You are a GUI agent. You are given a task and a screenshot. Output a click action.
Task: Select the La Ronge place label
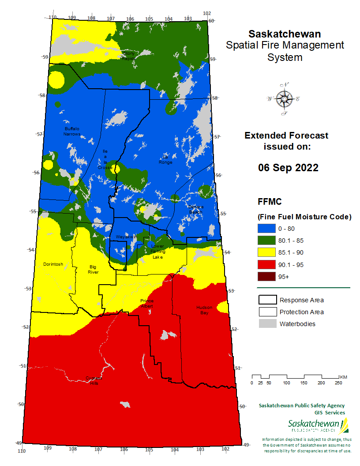click(x=165, y=160)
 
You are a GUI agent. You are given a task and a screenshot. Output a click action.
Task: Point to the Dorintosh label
click(x=52, y=264)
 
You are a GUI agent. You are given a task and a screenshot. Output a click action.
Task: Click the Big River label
click(x=93, y=270)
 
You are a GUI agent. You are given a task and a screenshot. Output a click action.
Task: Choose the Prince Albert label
click(x=147, y=304)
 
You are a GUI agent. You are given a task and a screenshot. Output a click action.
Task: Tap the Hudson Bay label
click(x=204, y=310)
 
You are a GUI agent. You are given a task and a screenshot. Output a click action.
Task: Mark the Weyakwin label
click(x=127, y=237)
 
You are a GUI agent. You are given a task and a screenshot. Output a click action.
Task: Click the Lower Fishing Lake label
click(x=157, y=251)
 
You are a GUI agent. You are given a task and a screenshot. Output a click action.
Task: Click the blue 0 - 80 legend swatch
click(x=266, y=229)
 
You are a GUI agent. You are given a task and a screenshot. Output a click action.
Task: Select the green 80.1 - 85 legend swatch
click(x=266, y=241)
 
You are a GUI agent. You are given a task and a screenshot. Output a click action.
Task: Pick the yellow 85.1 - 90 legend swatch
click(x=266, y=252)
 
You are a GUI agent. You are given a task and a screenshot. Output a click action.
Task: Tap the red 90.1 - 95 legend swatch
click(x=266, y=265)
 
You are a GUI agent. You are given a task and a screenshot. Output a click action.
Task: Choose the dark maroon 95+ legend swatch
click(x=266, y=277)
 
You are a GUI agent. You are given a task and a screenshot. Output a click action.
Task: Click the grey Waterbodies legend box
click(x=266, y=324)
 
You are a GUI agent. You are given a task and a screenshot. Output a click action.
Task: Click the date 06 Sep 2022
click(x=288, y=168)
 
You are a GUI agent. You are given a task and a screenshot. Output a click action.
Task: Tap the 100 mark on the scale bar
click(x=286, y=383)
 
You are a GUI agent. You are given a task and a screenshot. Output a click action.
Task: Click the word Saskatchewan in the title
click(x=285, y=34)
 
